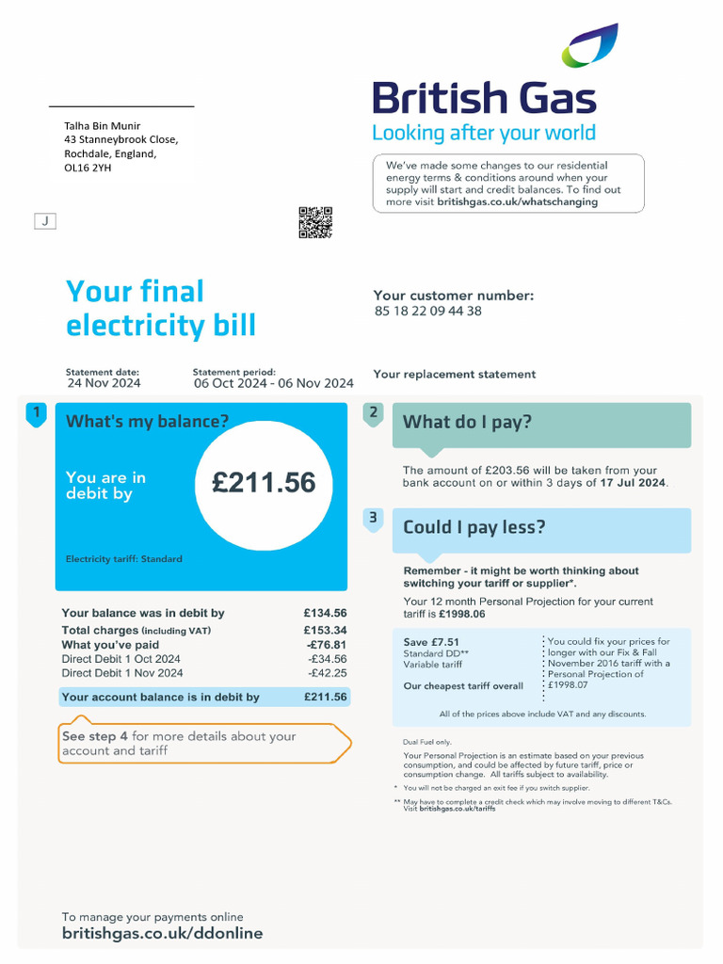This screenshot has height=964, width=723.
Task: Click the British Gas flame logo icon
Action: tap(590, 46)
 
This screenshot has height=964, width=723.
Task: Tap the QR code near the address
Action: tap(315, 222)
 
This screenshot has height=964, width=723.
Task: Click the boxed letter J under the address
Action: tap(45, 221)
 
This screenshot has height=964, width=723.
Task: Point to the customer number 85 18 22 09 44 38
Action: tap(427, 311)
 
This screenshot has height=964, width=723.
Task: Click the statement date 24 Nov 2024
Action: tap(104, 383)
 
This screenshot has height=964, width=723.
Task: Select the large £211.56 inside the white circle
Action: tap(264, 483)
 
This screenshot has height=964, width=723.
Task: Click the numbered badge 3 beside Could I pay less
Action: tap(374, 518)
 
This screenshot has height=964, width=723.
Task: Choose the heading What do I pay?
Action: tap(467, 422)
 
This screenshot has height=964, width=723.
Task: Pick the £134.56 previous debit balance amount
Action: tap(325, 613)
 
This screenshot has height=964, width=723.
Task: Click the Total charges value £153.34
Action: tap(325, 631)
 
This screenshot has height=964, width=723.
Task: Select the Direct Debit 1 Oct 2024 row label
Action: tap(120, 659)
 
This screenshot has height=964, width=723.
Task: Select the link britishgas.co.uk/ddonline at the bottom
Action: tap(162, 934)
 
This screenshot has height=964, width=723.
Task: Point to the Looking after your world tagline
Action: tap(483, 133)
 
